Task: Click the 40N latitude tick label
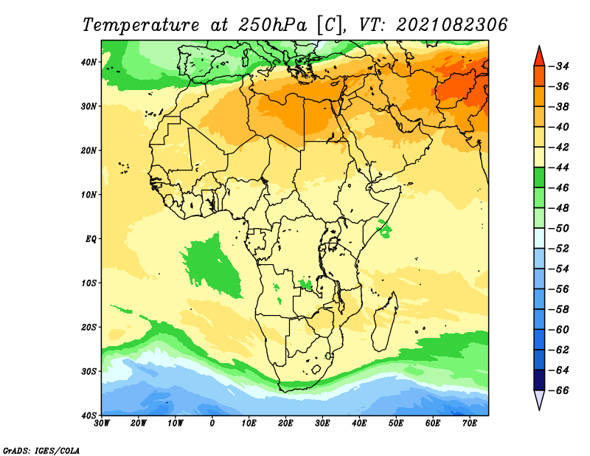coord(88,62)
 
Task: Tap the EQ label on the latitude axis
coord(91,239)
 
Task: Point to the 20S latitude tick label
coord(88,327)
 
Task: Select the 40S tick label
coord(88,415)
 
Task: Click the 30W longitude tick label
coord(102,424)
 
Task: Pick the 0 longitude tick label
coord(212,424)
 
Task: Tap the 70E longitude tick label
coord(470,424)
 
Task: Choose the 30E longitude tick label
coord(322,424)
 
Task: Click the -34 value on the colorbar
coord(558,66)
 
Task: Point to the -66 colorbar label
coord(558,390)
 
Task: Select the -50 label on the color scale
coord(558,229)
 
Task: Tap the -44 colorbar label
coord(558,167)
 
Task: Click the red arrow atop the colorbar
coord(539,58)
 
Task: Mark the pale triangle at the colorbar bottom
coord(539,398)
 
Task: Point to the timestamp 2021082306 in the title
coord(452,25)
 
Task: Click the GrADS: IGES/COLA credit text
coord(41,451)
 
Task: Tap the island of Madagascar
coord(385,322)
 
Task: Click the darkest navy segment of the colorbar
coord(539,380)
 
